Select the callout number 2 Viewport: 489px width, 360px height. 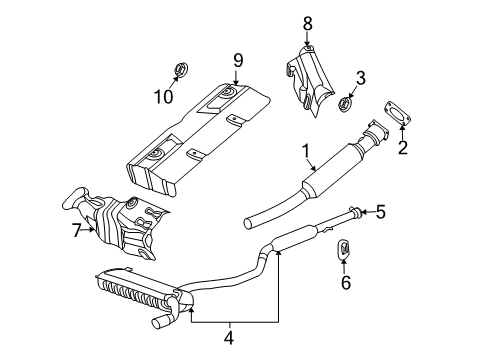pyautogui.click(x=403, y=150)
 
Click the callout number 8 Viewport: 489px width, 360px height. pyautogui.click(x=307, y=22)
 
